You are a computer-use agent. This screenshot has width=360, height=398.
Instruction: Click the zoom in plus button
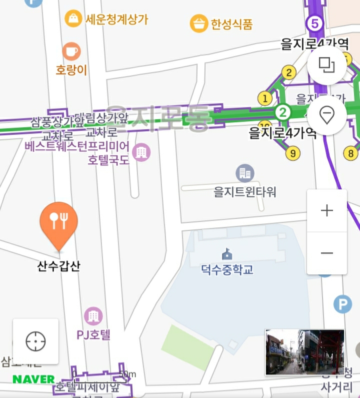(x=326, y=210)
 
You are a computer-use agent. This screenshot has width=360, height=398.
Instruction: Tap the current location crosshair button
(x=35, y=341)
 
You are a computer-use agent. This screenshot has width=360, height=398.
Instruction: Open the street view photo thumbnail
(x=304, y=352)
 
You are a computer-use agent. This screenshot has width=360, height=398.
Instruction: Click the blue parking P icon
(x=342, y=304)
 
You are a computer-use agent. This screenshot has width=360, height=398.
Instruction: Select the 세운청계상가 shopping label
(x=116, y=20)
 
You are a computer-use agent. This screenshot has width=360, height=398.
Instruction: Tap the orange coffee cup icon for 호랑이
(x=71, y=51)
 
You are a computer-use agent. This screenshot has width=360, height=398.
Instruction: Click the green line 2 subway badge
(x=283, y=112)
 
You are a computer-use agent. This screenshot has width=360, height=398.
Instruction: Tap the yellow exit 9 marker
(x=293, y=153)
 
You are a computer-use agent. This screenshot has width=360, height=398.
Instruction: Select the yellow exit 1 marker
(x=265, y=98)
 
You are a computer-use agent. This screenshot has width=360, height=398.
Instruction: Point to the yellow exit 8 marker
(x=351, y=153)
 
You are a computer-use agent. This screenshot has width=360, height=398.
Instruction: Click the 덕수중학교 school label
(x=227, y=270)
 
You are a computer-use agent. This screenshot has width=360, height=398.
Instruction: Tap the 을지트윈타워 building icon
(x=245, y=173)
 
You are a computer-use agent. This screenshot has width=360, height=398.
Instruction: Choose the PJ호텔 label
(x=93, y=334)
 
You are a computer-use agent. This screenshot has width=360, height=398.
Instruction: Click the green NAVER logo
(x=33, y=379)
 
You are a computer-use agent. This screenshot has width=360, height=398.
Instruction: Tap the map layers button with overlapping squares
(x=326, y=65)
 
